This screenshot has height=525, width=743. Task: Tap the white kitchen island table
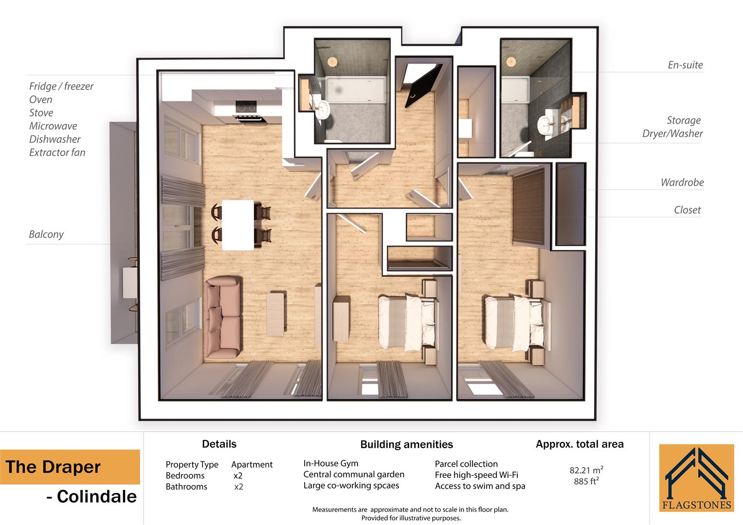pos(238,225)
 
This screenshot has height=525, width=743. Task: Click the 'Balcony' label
pos(46,234)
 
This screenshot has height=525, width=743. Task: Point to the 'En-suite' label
pos(685,65)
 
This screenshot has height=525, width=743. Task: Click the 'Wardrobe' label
pos(682,183)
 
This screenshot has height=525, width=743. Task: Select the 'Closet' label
pos(687,210)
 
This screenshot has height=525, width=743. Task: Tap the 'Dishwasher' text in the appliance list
pos(54,140)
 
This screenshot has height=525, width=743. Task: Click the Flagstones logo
pos(696,478)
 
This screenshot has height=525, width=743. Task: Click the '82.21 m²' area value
pos(586,470)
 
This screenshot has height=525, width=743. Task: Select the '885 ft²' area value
pos(586,481)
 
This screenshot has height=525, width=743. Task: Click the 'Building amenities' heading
pos(406,444)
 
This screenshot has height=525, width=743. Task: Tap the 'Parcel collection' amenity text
pos(466,464)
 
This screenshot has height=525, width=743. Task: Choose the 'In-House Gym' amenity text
pos(330,463)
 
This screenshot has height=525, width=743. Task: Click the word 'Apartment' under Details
pos(252,465)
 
